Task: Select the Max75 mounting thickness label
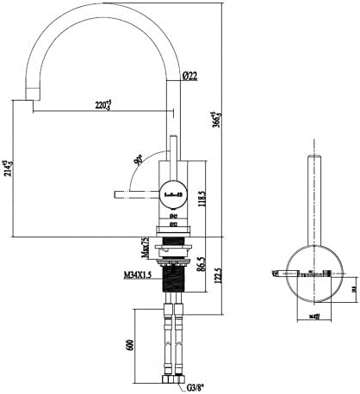click(x=145, y=248)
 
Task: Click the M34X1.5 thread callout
click(x=139, y=275)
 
